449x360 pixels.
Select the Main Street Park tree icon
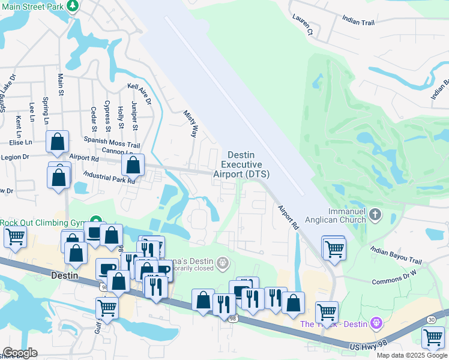tap(73, 5)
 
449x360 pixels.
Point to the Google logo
tap(20, 353)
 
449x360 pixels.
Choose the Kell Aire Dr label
tap(139, 94)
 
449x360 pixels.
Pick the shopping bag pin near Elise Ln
tap(58, 142)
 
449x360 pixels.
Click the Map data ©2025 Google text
tap(411, 355)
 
